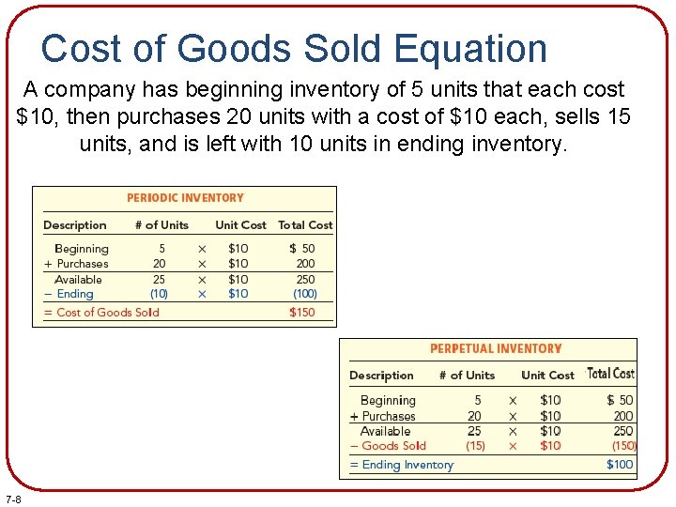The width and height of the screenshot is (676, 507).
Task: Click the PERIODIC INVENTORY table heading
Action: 185,198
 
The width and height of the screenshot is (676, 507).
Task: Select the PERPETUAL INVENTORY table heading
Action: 495,349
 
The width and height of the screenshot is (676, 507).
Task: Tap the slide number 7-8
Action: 14,498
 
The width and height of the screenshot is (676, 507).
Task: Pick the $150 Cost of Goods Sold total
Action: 302,313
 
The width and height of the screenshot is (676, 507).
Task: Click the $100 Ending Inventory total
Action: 620,465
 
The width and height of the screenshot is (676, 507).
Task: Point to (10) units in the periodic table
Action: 159,294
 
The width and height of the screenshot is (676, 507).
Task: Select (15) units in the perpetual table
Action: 475,446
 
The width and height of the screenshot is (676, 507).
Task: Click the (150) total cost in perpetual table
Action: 623,446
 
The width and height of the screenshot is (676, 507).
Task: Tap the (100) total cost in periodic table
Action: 304,294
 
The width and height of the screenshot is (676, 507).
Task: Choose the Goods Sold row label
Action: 393,446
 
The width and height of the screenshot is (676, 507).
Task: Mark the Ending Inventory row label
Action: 407,465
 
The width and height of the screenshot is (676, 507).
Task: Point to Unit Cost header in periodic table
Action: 240,225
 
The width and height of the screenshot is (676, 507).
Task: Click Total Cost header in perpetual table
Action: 610,374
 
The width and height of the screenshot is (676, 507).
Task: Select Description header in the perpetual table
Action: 381,376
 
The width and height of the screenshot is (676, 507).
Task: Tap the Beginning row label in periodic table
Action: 82,249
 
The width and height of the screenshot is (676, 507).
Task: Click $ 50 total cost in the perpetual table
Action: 620,401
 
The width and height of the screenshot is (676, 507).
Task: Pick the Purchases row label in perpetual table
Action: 389,416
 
